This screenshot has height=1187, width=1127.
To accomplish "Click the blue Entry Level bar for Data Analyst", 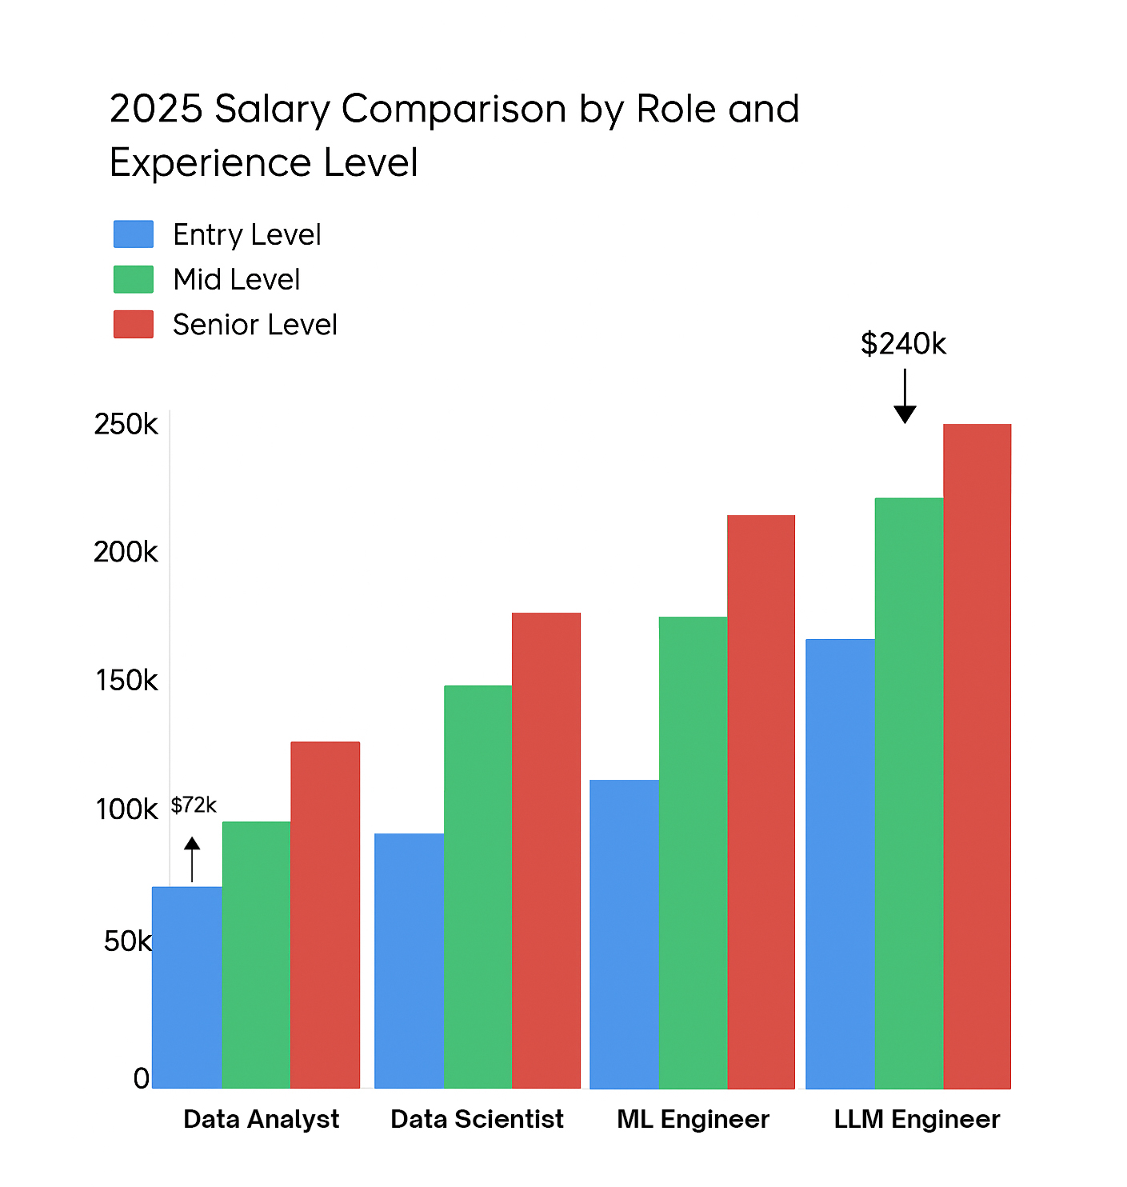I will tap(187, 987).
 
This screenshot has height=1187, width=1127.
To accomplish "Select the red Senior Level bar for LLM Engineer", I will tap(977, 756).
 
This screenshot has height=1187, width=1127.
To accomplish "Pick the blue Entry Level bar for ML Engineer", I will tap(624, 933).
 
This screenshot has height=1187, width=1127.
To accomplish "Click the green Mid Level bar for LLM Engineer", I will tap(909, 793).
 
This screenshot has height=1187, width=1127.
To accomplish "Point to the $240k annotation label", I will tap(903, 344).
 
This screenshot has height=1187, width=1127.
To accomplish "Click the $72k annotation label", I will tap(194, 805).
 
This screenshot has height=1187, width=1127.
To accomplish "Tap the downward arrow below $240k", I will tap(905, 397).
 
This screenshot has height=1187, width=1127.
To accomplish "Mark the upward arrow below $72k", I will tap(192, 859).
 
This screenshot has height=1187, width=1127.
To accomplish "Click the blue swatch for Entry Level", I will tap(134, 234).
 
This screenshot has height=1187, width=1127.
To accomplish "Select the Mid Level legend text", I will tap(237, 279).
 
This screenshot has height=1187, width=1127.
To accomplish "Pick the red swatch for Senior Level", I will tap(134, 324).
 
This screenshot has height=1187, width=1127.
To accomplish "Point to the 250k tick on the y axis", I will tap(126, 424).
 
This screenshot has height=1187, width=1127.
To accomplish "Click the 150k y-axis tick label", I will tap(126, 681).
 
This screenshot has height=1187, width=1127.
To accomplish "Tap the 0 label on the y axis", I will tap(141, 1078).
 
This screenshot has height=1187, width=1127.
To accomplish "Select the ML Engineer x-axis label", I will tap(693, 1119).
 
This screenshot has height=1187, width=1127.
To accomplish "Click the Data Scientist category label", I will tap(477, 1119).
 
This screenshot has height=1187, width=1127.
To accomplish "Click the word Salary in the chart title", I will tap(272, 110).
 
